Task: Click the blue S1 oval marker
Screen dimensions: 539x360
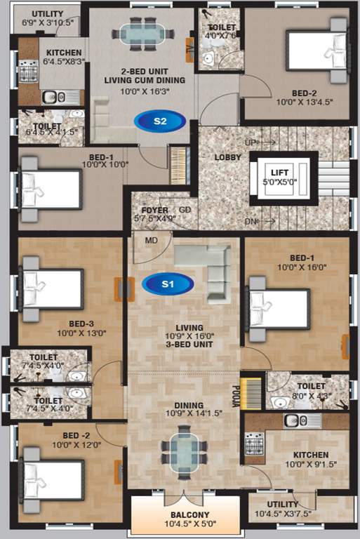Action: click(x=166, y=284)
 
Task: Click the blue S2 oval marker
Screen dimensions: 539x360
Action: click(x=160, y=121)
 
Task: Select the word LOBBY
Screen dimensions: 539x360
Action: click(x=228, y=157)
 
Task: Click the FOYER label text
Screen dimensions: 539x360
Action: click(x=154, y=210)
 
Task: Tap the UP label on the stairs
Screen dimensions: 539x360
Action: click(x=251, y=142)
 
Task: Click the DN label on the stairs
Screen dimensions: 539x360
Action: click(x=251, y=222)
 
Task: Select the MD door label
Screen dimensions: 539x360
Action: click(x=151, y=241)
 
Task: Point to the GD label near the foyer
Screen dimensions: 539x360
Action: click(x=185, y=210)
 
